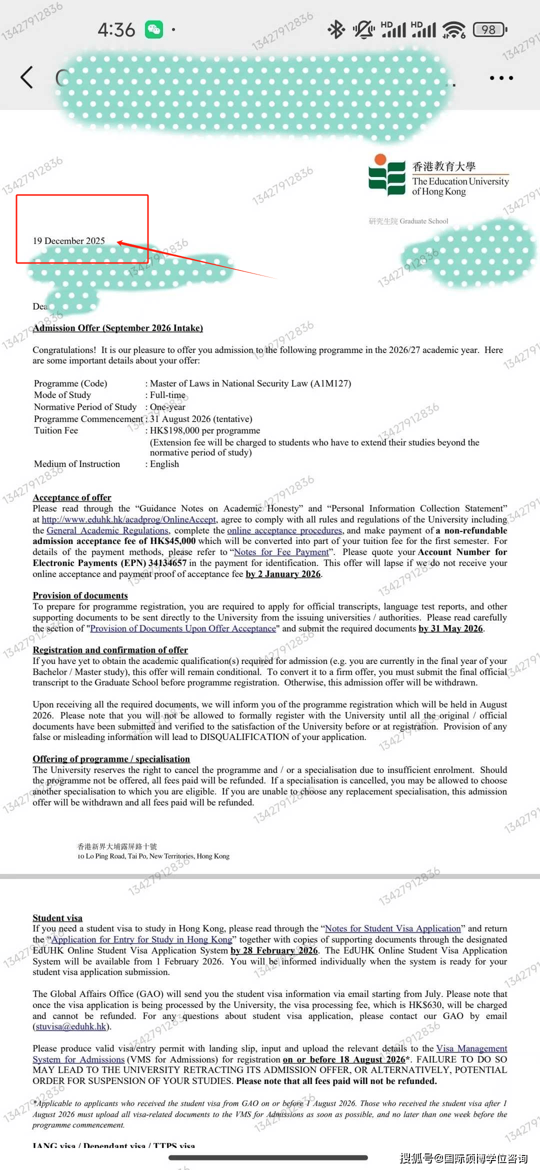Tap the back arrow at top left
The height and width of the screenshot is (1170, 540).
(x=27, y=77)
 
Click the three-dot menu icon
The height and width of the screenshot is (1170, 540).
(x=501, y=78)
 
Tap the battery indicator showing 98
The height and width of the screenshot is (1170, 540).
(x=489, y=30)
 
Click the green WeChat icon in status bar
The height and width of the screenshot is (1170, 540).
(x=154, y=29)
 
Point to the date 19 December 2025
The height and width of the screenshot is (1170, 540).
(x=69, y=241)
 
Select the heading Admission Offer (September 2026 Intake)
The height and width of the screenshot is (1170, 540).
(x=118, y=328)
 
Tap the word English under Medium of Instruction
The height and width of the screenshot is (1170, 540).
(x=164, y=464)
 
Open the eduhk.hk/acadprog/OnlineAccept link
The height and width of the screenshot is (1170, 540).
(x=129, y=519)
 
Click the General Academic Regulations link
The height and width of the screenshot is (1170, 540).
(x=107, y=530)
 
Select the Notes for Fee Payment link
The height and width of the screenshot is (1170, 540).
(x=281, y=552)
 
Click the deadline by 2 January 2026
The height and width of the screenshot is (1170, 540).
(x=283, y=574)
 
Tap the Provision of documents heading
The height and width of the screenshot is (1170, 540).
(x=80, y=595)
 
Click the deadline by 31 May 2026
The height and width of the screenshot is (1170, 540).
(x=450, y=628)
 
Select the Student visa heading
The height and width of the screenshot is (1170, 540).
(x=57, y=918)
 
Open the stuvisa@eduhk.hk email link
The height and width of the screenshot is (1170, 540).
(x=71, y=1026)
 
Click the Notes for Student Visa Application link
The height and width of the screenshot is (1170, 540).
(x=393, y=928)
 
